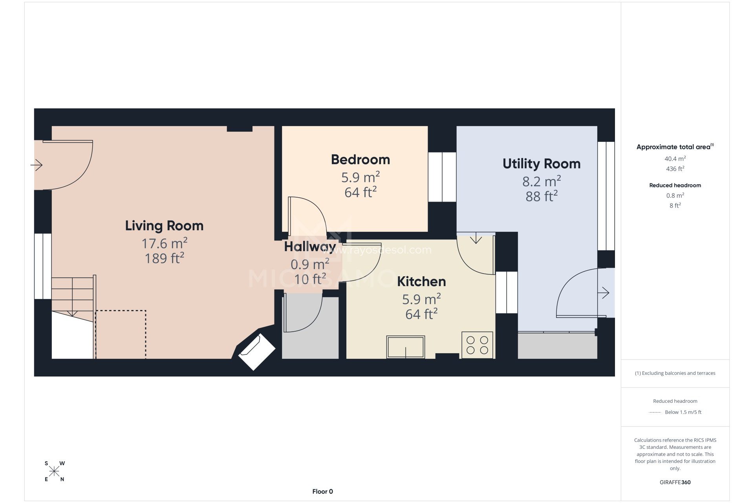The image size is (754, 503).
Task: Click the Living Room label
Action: click(164, 226)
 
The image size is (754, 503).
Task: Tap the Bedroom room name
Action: click(361, 160)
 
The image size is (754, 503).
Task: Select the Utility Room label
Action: click(542, 164)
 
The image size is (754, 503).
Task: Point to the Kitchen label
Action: click(421, 281)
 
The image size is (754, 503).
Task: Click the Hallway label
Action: click(310, 247)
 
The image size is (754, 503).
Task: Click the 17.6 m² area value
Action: click(164, 243)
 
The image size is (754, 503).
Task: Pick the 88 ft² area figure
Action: click(542, 196)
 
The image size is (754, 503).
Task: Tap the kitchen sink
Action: click(406, 347)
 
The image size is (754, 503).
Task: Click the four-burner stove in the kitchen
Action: click(477, 345)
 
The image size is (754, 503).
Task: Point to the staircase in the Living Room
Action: click(73, 299)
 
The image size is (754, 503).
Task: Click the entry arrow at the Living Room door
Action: click(37, 165)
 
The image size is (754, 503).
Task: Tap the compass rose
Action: click(54, 471)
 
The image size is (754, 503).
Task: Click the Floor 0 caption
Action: click(322, 492)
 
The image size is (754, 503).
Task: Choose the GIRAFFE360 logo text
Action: click(675, 482)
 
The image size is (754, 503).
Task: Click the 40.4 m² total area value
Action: click(675, 159)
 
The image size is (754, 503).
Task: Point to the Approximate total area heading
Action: click(675, 147)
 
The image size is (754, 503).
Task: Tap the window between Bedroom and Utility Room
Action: click(442, 177)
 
